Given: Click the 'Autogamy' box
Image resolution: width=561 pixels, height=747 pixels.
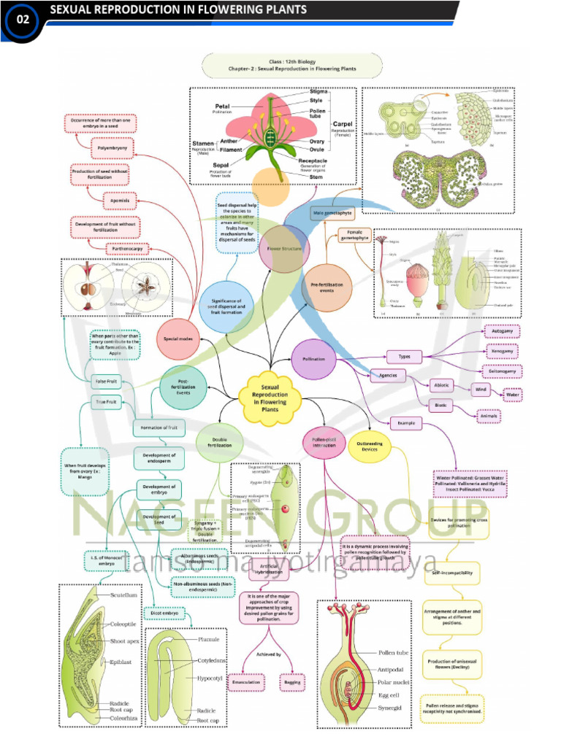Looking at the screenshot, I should tap(504, 331).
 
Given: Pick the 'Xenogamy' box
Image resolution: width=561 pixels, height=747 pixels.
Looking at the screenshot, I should tap(504, 351).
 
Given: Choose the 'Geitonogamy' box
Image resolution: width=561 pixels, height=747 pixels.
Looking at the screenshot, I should tap(504, 371).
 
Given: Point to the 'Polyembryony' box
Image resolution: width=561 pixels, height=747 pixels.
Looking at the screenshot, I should tap(112, 148).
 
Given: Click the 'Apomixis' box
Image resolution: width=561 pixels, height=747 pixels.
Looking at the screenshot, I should tap(110, 198).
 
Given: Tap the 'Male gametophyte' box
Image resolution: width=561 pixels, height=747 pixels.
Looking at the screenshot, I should tap(332, 213).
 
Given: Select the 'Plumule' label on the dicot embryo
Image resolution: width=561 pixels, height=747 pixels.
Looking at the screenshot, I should tap(208, 640).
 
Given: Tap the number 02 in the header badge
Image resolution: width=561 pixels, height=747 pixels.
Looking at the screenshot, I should tap(23, 20).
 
